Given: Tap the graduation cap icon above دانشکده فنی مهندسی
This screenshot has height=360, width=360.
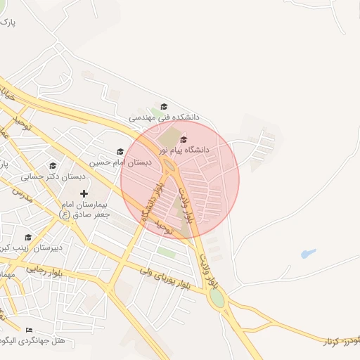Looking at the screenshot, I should [164, 106].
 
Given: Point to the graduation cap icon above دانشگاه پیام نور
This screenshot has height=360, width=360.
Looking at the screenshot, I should [184, 139].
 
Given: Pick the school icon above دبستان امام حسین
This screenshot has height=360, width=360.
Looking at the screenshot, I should [120, 151].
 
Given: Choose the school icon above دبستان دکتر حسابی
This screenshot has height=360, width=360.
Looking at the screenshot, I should [53, 166].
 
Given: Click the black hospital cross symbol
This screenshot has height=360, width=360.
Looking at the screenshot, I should [84, 193].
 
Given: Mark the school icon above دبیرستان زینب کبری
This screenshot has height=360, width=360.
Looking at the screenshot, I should [28, 237].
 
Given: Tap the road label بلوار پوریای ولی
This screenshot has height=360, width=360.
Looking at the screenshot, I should [163, 275].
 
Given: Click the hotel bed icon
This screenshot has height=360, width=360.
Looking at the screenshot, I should [29, 330].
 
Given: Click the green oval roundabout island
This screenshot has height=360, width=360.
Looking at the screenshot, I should [217, 298].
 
